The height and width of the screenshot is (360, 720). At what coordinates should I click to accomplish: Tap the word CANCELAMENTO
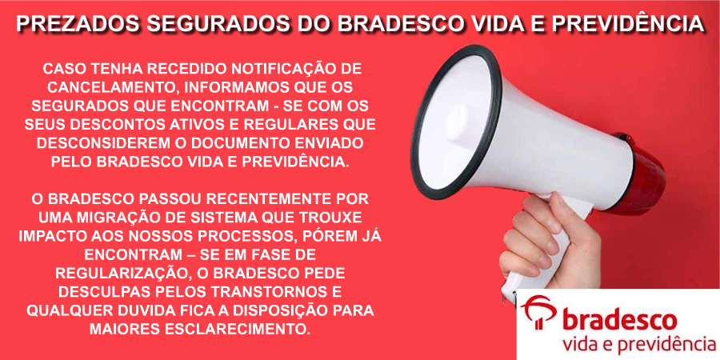coord(107,88)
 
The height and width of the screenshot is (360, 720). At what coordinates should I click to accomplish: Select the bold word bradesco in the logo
coord(619,320)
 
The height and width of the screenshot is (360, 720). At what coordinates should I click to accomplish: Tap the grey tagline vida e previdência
coord(638,346)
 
